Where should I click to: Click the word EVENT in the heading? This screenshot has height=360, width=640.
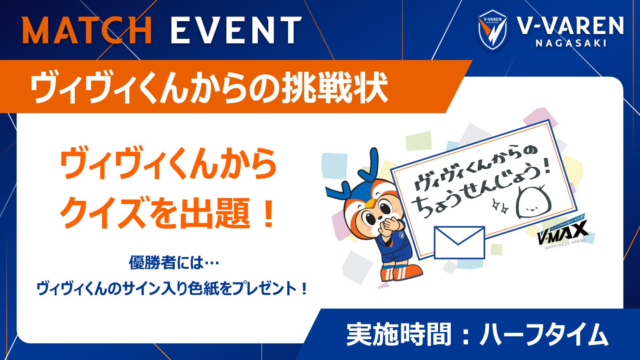tap(236, 30)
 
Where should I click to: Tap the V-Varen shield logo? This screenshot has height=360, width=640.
tap(492, 30)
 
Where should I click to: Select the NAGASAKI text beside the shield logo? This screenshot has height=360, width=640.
tap(571, 43)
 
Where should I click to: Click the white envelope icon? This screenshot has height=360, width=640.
tap(459, 242)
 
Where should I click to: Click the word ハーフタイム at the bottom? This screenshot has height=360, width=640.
tap(544, 335)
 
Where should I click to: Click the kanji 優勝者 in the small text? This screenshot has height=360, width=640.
tap(152, 262)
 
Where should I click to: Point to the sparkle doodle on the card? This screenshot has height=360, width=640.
tap(500, 206)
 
